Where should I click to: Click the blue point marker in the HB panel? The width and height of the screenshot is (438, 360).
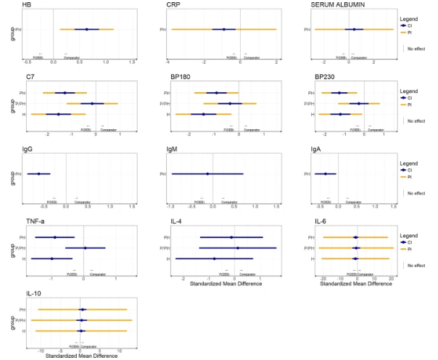coord(87,30)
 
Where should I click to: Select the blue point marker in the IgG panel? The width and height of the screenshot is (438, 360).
coord(39,174)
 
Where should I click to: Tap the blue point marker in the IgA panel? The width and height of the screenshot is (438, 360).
coord(326,174)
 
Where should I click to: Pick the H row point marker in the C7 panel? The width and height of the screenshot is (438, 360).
coord(59,114)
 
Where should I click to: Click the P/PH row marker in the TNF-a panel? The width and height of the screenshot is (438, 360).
coord(86,248)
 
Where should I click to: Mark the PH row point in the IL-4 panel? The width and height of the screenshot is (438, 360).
coord(231,237)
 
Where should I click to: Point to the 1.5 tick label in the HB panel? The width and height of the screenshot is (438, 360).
coord(133,63)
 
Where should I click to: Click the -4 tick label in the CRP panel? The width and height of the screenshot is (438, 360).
coord(168,63)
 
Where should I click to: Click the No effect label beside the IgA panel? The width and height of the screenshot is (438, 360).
coord(416,193)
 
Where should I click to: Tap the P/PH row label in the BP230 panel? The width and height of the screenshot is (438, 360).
coord(307,103)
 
